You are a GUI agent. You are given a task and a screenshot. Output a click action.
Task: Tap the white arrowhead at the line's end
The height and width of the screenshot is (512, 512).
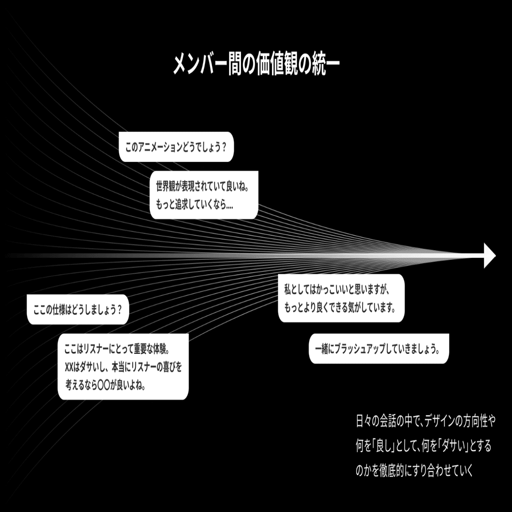(489, 256)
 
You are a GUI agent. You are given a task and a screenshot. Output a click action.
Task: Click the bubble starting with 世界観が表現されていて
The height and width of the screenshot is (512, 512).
(204, 195)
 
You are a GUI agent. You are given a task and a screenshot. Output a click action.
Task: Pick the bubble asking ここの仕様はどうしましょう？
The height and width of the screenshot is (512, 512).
(78, 309)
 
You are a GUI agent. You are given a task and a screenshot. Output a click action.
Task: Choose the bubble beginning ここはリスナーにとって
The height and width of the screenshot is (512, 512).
(123, 366)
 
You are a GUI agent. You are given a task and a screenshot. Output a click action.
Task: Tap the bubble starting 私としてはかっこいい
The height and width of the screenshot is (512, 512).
(341, 298)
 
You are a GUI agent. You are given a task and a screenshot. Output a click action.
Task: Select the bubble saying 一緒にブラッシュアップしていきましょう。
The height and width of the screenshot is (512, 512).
(378, 349)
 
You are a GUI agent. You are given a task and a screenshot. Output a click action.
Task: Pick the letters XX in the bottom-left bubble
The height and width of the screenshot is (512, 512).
(68, 368)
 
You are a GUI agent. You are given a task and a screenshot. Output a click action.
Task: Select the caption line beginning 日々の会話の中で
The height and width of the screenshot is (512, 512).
(426, 421)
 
